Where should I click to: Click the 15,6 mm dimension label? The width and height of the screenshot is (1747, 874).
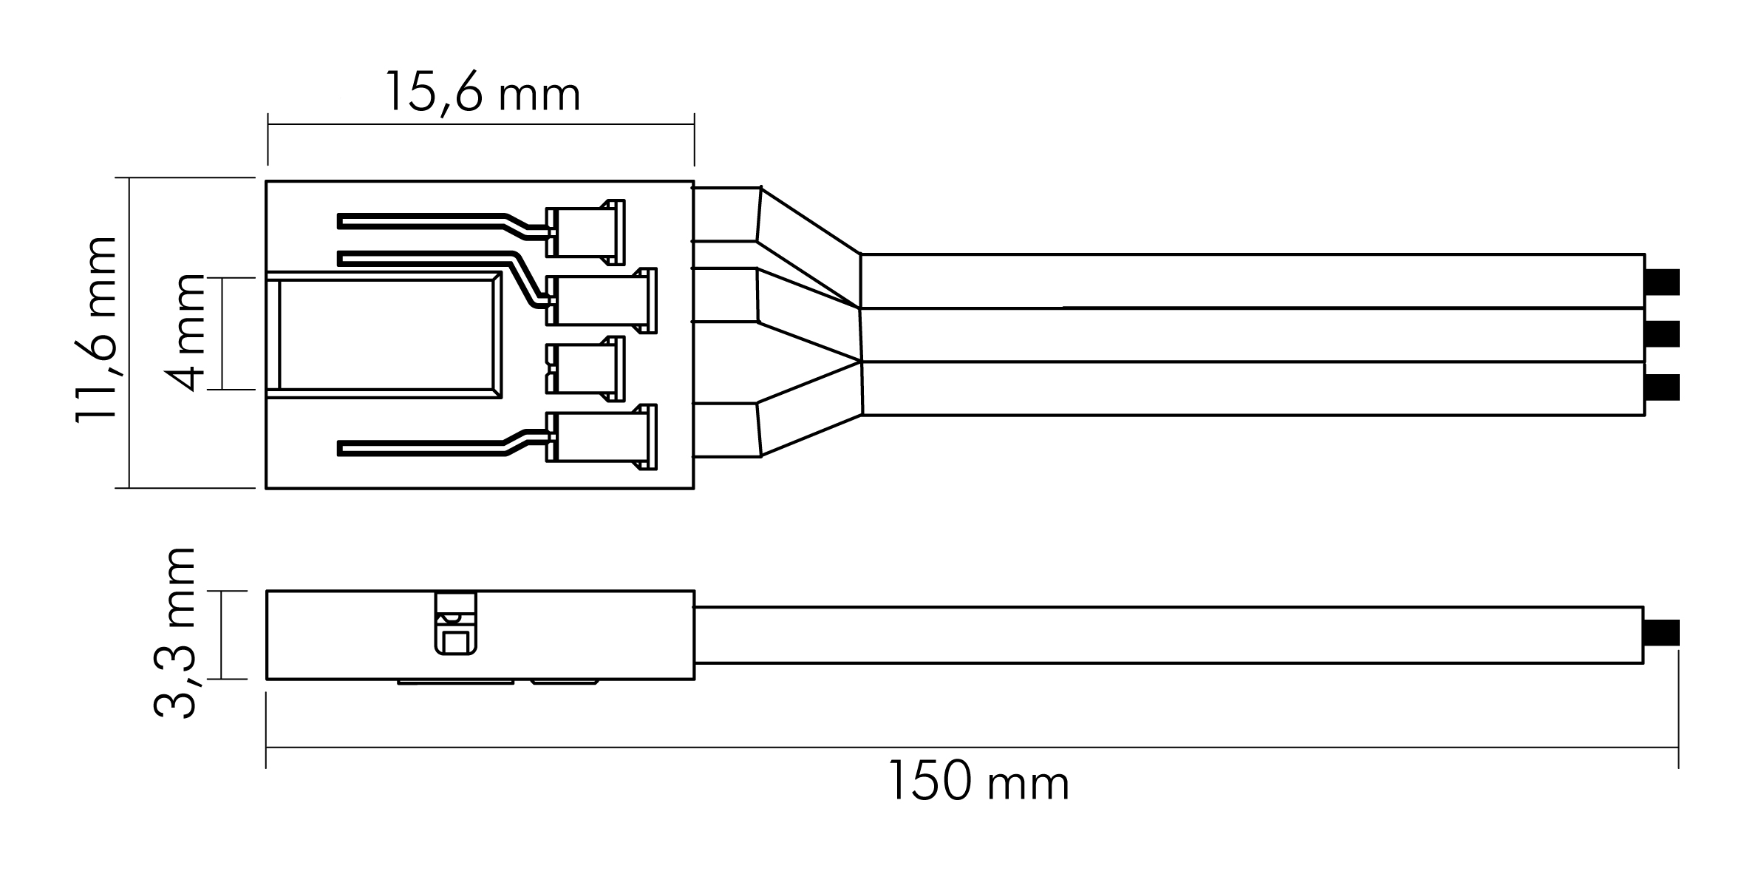pos(483,93)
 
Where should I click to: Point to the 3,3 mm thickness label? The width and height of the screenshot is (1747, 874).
pos(174,633)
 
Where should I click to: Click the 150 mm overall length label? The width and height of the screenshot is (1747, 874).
pos(978,781)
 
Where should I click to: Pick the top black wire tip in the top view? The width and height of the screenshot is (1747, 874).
pos(1663,282)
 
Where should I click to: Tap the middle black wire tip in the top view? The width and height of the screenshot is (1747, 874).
pos(1663,334)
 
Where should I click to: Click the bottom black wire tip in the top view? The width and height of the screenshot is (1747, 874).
pos(1663,387)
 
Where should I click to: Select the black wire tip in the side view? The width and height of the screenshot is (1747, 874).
pos(1663,633)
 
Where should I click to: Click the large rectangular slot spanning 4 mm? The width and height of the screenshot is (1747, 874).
pos(384,335)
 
